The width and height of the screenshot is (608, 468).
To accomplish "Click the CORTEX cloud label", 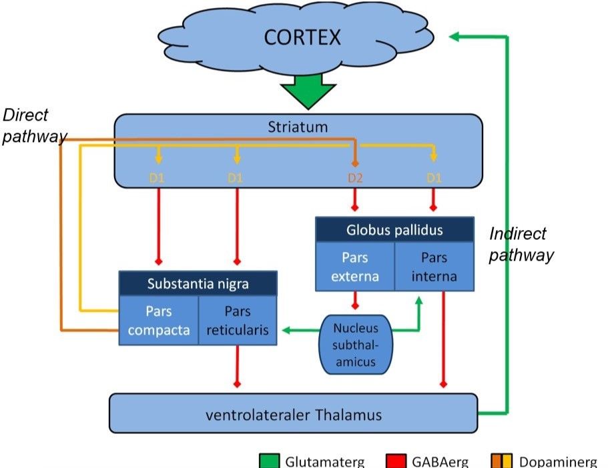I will (302, 37).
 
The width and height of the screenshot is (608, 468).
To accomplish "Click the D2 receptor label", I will (355, 178).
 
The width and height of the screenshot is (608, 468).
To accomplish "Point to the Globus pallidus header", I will (394, 230).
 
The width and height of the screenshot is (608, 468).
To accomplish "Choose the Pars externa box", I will (354, 266).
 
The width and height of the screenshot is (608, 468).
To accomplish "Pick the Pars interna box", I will (434, 266).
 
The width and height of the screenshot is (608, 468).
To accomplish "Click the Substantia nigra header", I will (198, 284).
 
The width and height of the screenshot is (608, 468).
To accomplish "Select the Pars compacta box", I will (159, 321).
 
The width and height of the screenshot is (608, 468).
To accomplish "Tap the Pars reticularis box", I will (238, 321).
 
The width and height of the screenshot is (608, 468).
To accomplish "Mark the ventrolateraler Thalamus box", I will (293, 414).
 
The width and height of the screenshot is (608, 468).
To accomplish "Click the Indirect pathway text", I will (521, 244).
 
